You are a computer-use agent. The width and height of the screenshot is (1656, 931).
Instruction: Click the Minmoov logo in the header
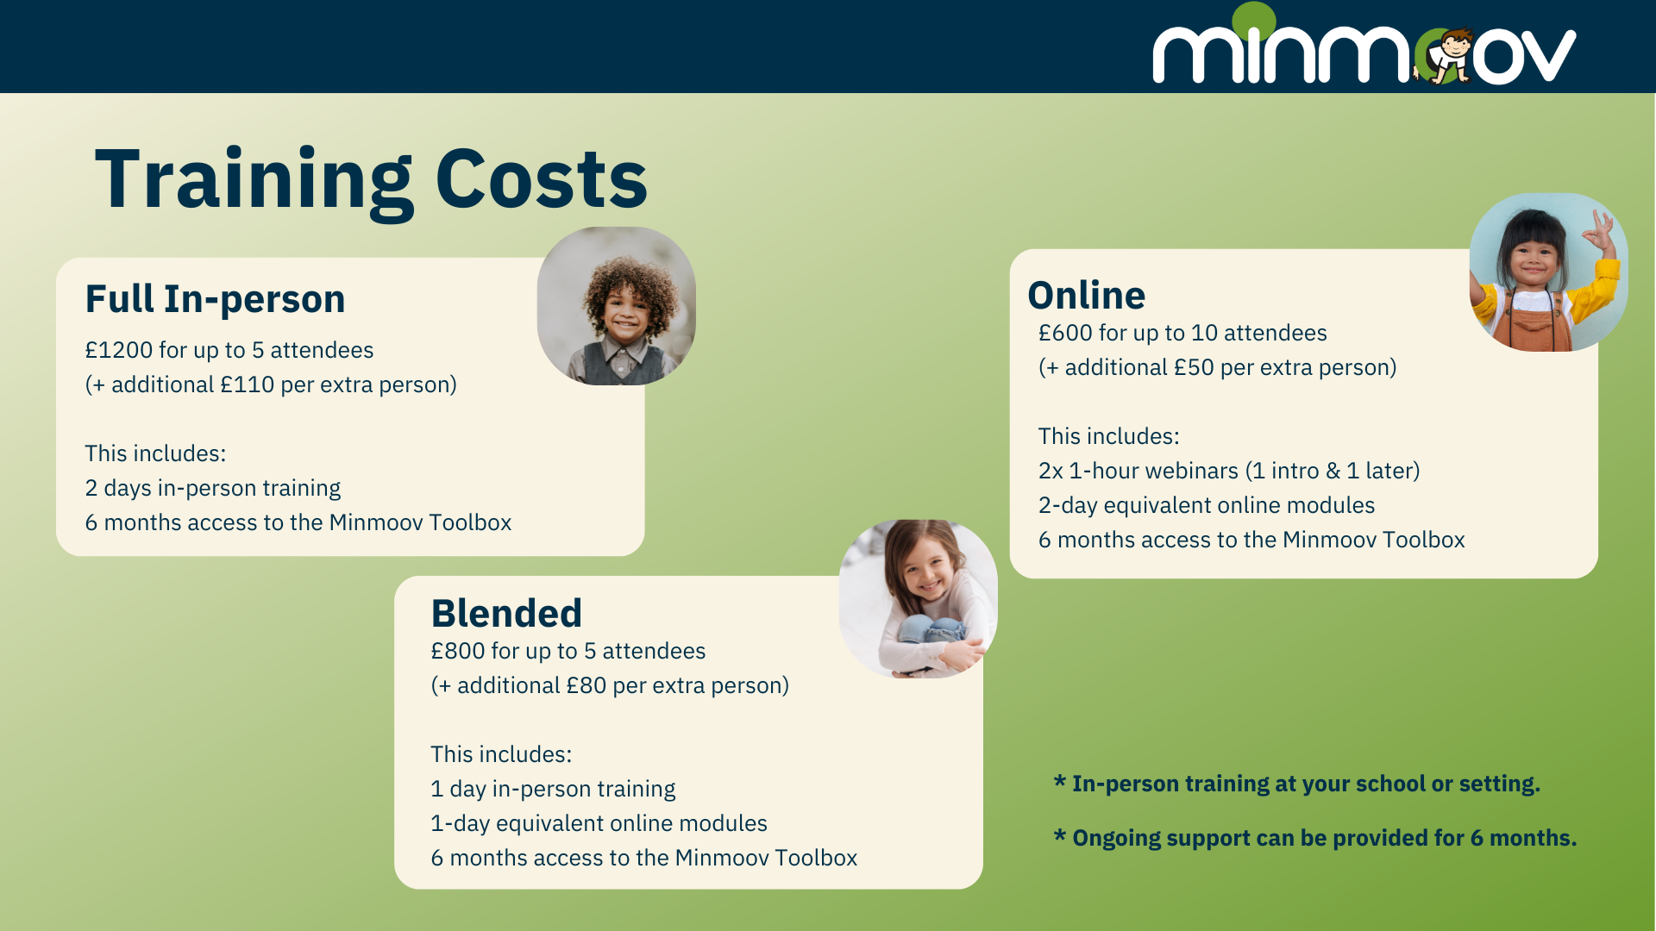(x=1364, y=44)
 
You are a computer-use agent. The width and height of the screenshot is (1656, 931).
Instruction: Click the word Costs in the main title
(x=541, y=179)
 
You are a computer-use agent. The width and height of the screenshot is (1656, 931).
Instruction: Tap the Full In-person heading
(x=215, y=299)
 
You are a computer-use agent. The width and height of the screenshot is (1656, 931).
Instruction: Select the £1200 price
(x=118, y=350)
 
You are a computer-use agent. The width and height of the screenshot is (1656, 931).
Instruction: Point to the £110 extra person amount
(x=247, y=384)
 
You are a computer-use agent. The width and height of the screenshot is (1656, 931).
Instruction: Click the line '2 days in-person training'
(x=212, y=489)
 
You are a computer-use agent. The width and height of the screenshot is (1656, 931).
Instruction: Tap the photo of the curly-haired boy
(x=617, y=306)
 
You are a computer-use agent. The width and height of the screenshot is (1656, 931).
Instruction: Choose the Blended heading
(x=506, y=613)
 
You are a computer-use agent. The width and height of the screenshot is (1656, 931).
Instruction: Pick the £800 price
(x=458, y=651)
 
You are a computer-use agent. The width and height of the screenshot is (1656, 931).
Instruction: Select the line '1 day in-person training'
(x=553, y=790)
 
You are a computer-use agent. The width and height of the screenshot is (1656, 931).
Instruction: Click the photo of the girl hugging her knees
(x=919, y=599)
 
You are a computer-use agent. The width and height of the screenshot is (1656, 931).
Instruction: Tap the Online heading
(x=1087, y=295)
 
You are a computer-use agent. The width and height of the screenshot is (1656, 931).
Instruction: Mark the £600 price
(x=1065, y=333)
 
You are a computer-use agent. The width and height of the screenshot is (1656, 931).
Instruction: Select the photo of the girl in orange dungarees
(x=1549, y=272)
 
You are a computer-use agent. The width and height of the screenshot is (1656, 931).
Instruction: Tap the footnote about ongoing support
(x=1315, y=838)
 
